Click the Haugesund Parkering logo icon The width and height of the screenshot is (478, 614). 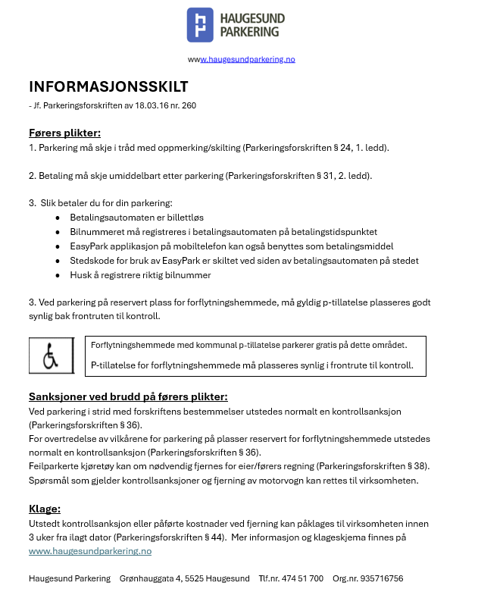point(200,25)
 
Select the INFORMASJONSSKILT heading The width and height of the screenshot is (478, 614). point(108,86)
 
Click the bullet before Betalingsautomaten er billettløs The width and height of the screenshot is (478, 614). point(58,218)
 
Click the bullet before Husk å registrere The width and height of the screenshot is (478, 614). point(58,275)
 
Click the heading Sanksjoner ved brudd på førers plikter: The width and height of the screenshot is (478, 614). point(128,396)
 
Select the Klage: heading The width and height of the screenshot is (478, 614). point(45,509)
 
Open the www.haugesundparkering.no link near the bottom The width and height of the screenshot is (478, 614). point(90,551)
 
